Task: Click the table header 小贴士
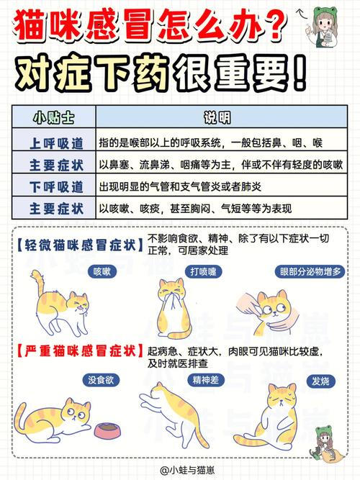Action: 55,117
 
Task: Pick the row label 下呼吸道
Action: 55,186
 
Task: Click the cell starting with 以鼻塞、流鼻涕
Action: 220,164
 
